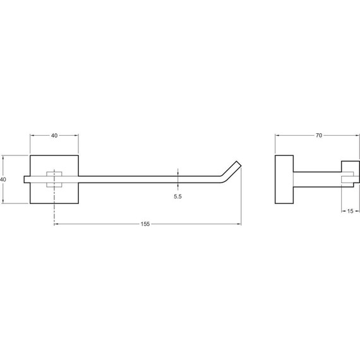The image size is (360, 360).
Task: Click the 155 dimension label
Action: (x=145, y=224)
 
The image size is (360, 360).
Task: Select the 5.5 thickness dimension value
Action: (x=177, y=196)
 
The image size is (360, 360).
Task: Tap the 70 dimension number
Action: (x=319, y=135)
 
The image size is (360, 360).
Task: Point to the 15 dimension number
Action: (x=350, y=211)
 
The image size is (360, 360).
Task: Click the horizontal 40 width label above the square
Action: (x=54, y=135)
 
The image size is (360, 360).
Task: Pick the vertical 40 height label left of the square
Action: (x=3, y=179)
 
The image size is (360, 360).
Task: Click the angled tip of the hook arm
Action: (x=238, y=164)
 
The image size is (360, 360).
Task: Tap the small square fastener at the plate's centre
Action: (x=54, y=179)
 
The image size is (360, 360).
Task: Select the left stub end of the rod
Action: (x=25, y=179)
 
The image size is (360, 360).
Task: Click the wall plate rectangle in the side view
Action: (x=284, y=179)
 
